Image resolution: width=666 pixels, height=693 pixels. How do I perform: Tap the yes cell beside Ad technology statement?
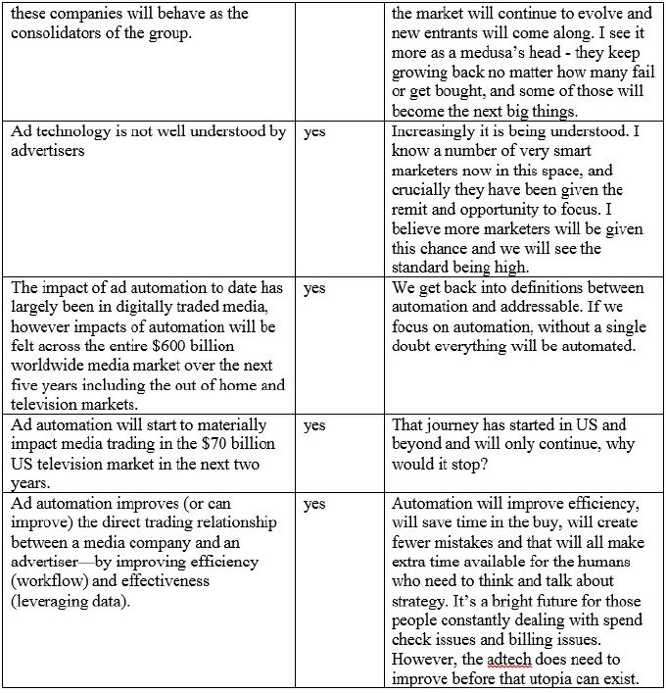pyautogui.click(x=314, y=132)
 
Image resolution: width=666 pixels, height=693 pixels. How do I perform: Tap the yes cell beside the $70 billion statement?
pyautogui.click(x=314, y=426)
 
